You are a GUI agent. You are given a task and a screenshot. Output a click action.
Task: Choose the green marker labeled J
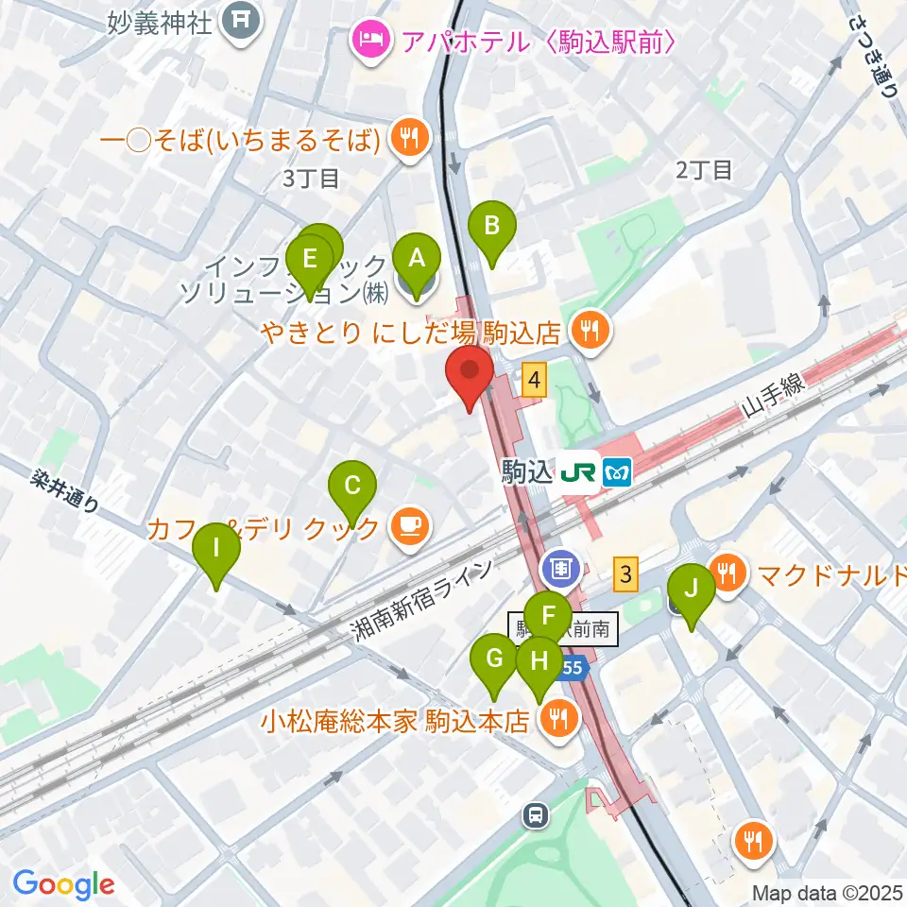[x=692, y=592]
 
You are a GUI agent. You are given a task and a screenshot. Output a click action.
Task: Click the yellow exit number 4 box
[x=536, y=381]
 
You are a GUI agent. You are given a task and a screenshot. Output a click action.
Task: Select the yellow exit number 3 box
[x=625, y=572]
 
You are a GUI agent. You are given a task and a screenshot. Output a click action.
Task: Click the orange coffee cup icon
[x=409, y=526]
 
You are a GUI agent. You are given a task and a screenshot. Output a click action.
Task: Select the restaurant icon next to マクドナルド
[x=727, y=573]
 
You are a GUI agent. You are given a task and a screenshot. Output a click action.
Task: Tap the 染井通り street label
[x=64, y=492]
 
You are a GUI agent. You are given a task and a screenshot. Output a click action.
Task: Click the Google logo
[x=63, y=885]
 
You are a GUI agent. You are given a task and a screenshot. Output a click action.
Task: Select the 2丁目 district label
[x=704, y=170]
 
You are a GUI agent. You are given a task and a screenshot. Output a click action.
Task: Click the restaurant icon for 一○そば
[x=408, y=140]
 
